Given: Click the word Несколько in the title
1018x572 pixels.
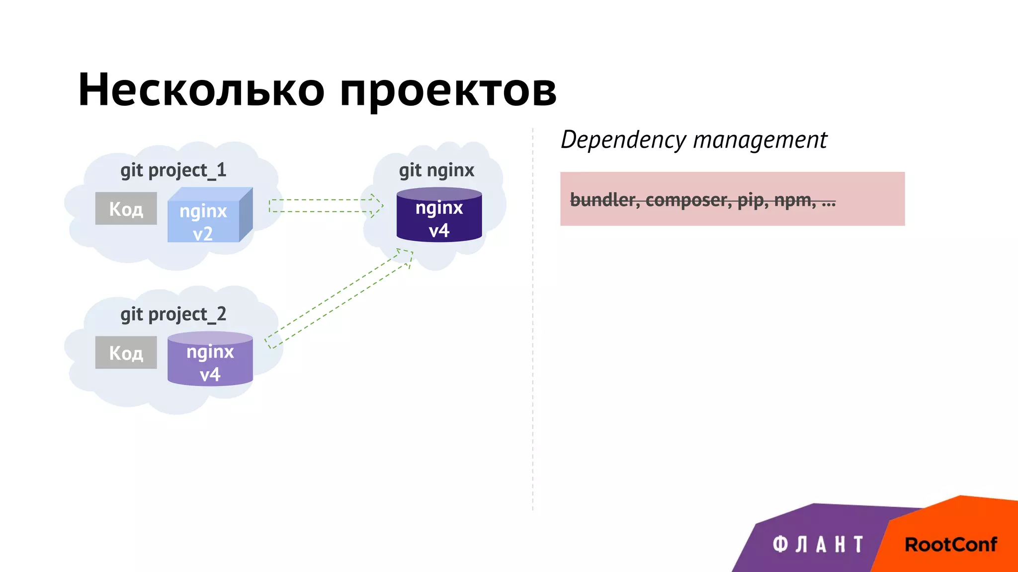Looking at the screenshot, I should point(201,90).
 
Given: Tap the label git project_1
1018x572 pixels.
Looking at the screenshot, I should point(173,170).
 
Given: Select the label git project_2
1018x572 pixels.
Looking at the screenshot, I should point(173,314).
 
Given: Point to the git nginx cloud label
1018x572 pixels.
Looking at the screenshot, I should point(436,170).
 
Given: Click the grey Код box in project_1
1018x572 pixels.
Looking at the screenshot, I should point(126,209).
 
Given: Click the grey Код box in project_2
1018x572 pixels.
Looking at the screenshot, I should point(126,353).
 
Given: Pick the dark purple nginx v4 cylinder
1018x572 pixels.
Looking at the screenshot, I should point(439,216).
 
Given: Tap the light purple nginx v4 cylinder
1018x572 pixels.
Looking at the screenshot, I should point(210,360).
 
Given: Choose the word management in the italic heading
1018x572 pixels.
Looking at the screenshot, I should point(760,140).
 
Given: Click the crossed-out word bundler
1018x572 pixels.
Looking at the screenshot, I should point(604,200).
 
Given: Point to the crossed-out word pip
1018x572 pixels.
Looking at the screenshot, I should point(751,200).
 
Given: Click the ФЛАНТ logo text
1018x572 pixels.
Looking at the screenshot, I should point(818,544).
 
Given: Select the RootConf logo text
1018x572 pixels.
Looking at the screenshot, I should point(950,545).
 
